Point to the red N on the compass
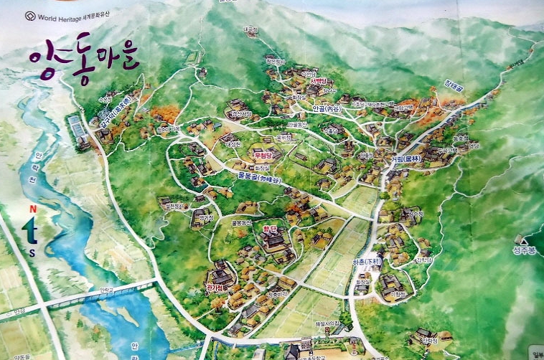tap(32, 209)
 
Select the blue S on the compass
tap(32, 252)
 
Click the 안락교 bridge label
tap(107, 290)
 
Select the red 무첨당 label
tap(263, 154)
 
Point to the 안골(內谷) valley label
tap(327, 109)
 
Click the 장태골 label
tap(453, 84)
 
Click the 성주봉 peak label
tap(525, 250)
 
